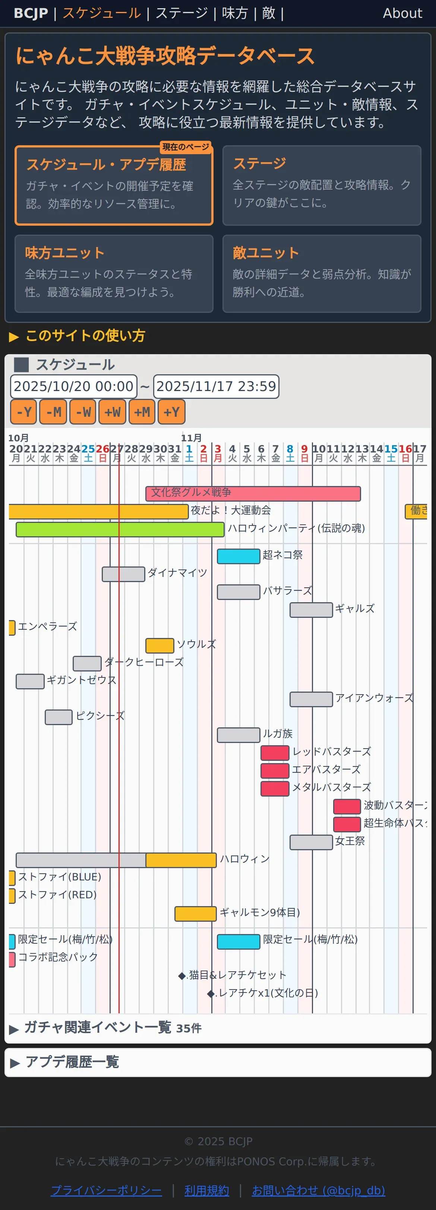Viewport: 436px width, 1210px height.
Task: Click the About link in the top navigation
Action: [x=402, y=13]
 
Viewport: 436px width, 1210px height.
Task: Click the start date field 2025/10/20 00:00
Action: [x=74, y=386]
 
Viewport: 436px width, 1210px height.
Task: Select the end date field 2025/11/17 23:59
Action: [x=216, y=386]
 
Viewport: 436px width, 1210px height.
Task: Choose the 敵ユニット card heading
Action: [x=266, y=253]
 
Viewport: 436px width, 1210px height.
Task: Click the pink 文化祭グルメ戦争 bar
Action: [x=253, y=493]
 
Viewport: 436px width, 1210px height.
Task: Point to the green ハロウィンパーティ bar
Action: [x=120, y=529]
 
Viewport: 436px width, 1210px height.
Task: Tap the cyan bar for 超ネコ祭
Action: [x=238, y=556]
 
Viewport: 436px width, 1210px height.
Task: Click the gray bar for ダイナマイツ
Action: [x=123, y=574]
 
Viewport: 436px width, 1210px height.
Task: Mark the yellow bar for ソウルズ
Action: [x=160, y=645]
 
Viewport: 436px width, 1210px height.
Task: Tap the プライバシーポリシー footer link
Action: [x=106, y=1190]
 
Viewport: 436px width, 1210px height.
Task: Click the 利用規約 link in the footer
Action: [x=207, y=1190]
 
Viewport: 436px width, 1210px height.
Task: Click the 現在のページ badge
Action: [x=186, y=147]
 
